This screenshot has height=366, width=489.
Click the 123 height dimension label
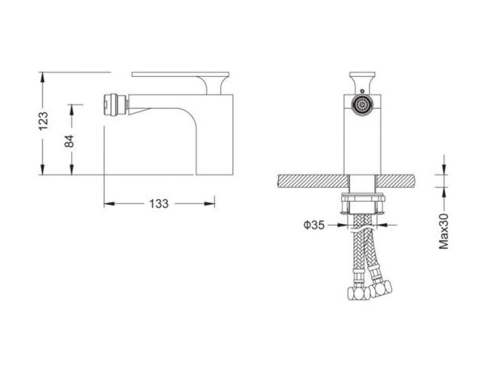[x=44, y=121]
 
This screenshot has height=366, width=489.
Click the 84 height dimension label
[x=69, y=141]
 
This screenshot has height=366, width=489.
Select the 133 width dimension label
[x=159, y=204]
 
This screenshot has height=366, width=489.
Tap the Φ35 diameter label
[x=314, y=224]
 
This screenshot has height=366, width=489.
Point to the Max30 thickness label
[x=444, y=231]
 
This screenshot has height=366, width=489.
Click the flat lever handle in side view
[x=180, y=74]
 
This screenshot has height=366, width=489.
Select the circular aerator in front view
[x=362, y=104]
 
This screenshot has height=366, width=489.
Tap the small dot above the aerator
[x=362, y=91]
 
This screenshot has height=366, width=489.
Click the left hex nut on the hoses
[x=358, y=293]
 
